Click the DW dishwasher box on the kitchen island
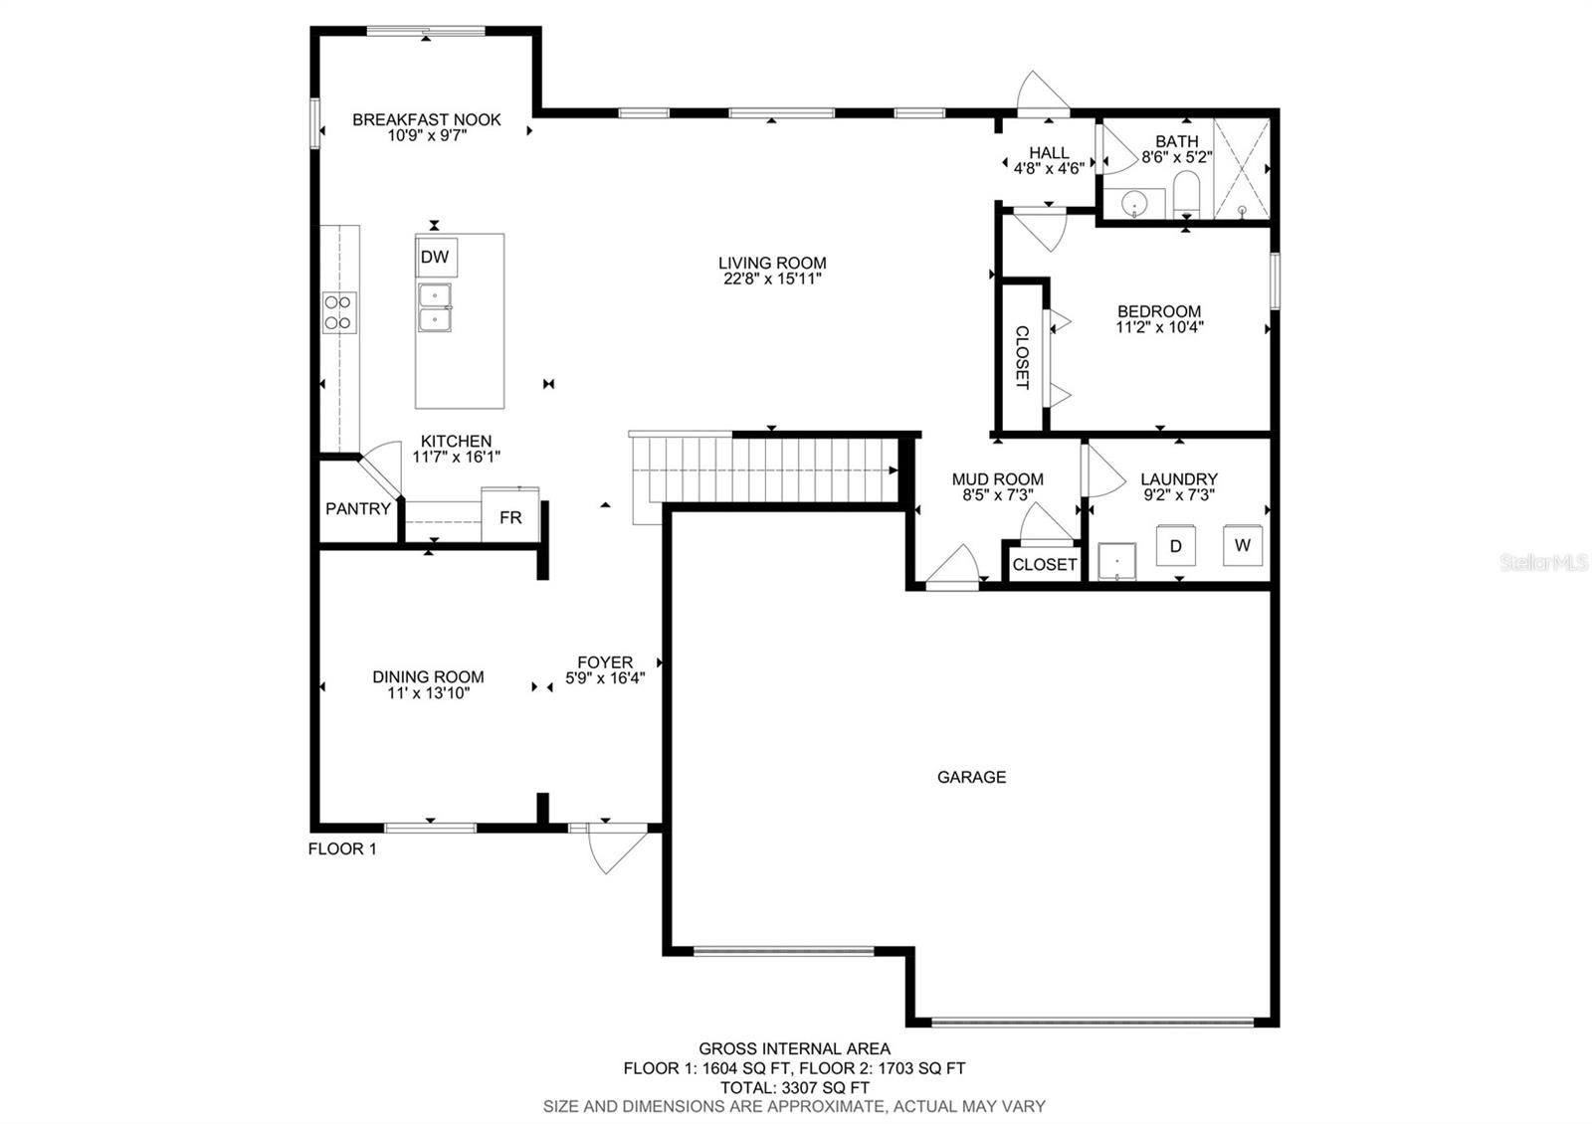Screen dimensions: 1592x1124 coord(436,257)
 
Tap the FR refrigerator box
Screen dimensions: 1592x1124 coord(509,515)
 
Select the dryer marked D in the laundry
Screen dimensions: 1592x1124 coord(1175,546)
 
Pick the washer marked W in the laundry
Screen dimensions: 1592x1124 coord(1243,545)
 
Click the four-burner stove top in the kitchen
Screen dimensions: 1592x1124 coord(339,312)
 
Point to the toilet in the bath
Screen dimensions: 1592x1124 coord(1186,194)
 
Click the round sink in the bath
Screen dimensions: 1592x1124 coord(1134,205)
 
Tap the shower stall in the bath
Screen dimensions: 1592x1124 coord(1242,168)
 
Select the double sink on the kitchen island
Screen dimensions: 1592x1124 coord(434,307)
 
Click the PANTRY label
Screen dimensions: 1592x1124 coord(358,508)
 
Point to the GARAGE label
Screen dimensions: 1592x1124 coord(971,777)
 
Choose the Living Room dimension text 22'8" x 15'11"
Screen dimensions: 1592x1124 coord(772,280)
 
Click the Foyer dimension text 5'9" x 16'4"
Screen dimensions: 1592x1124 coord(605,678)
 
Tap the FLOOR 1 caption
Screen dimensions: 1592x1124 coord(342,848)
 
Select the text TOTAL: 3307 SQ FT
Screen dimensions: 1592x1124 coord(795,1087)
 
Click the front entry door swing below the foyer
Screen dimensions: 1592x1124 coord(617,849)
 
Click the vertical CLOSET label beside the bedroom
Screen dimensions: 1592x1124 coord(1022,357)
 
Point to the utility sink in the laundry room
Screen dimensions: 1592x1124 coord(1116,562)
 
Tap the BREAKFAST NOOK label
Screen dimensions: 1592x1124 coord(427,119)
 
